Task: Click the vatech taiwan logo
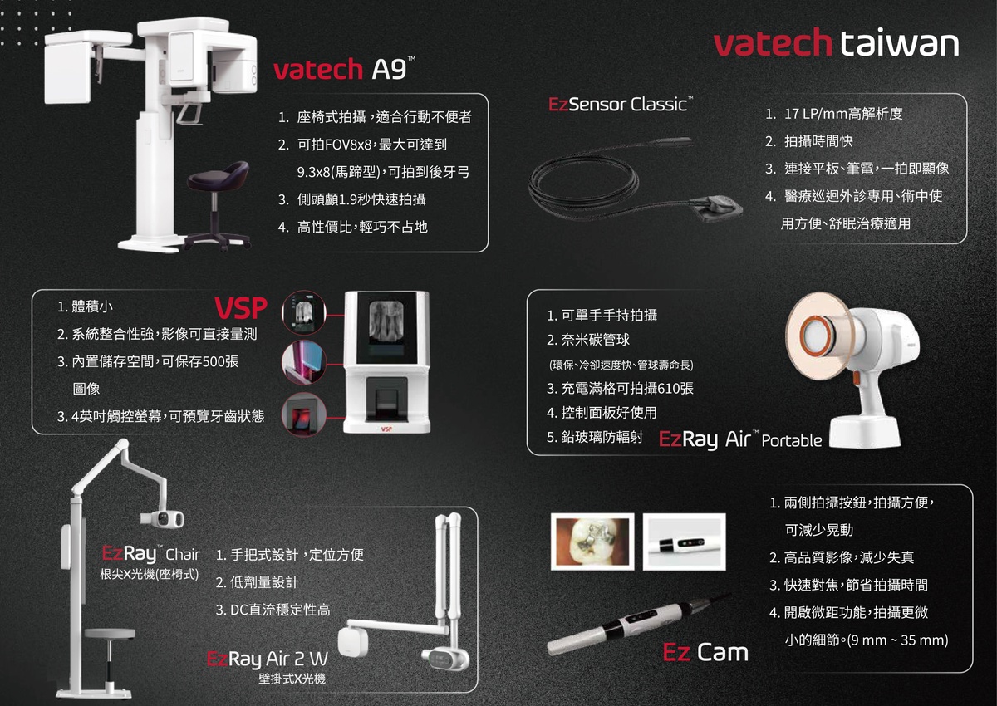click(837, 42)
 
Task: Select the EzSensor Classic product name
click(621, 104)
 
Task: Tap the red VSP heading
click(241, 308)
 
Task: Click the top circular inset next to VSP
click(304, 313)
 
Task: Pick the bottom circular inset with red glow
click(304, 414)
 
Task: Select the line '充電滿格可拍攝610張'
click(626, 389)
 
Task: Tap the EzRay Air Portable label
click(739, 439)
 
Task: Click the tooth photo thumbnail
click(592, 542)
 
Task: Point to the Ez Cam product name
click(705, 652)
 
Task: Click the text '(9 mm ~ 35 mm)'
click(898, 640)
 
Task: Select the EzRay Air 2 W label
click(268, 659)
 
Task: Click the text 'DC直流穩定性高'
click(280, 610)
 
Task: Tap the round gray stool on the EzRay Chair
click(110, 634)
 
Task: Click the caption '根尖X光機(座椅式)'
click(149, 574)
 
